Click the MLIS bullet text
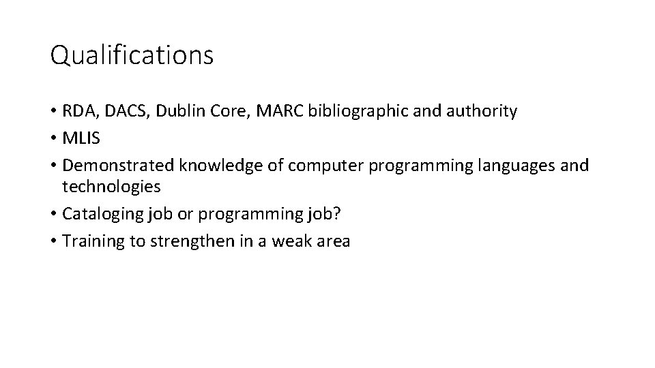click(81, 139)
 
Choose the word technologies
click(111, 186)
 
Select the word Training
click(88, 242)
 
